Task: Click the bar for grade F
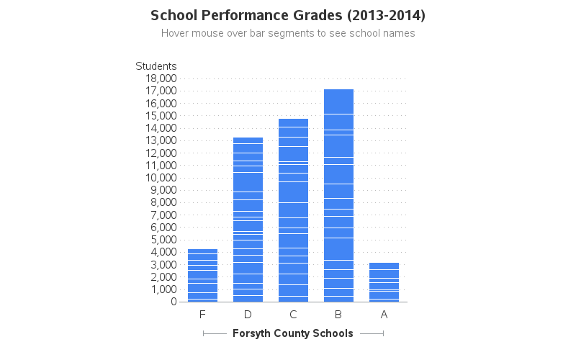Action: point(202,275)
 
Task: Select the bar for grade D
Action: point(248,220)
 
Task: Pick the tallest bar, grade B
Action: point(338,195)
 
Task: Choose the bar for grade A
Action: point(384,282)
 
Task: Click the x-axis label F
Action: point(202,315)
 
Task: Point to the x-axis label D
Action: point(248,315)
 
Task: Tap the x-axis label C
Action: point(293,315)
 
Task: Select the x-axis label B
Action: point(338,315)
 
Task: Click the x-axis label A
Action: point(384,315)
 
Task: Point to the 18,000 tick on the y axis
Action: point(161,78)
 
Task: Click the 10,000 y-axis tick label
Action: point(161,178)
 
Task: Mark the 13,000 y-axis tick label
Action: point(161,140)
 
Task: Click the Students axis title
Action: point(156,66)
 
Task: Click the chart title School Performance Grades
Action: point(288,15)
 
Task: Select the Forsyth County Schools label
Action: point(293,333)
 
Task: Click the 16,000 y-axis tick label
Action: point(161,103)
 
